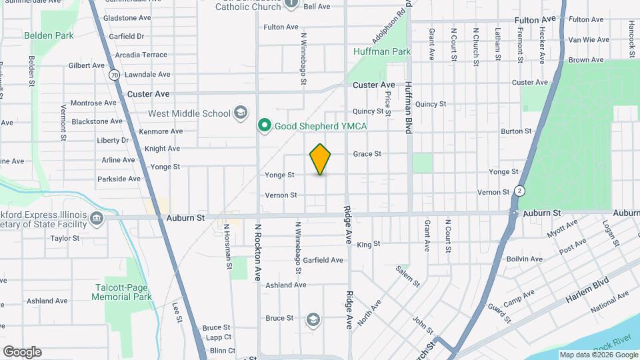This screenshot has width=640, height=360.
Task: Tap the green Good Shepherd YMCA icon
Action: pos(264,125)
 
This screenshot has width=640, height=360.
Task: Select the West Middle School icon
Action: pos(241,113)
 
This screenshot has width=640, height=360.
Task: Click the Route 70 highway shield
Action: pos(115,75)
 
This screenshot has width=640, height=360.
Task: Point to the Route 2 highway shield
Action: pos(520,191)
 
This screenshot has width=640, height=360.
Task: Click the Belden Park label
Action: pos(49,35)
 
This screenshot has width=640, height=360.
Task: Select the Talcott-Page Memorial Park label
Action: pos(123,292)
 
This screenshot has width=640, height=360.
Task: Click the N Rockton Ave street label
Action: pos(257,252)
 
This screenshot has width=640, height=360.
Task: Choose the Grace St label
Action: pos(367,153)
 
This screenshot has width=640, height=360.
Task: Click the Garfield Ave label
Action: pos(323,260)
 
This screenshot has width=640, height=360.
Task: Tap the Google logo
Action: pos(22,351)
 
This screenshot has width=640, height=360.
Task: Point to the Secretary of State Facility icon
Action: pos(97,218)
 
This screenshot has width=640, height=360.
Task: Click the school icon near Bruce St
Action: pos(312,321)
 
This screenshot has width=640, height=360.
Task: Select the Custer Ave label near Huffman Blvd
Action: pos(374,85)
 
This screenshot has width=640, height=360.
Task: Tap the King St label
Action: pos(368,245)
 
